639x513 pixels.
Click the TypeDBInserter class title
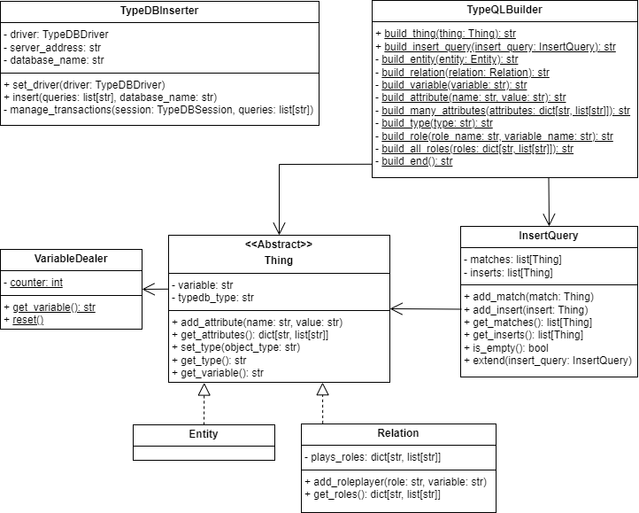point(159,11)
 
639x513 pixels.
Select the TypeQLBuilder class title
point(505,11)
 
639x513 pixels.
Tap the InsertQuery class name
point(549,237)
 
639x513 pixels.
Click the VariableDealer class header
point(71,259)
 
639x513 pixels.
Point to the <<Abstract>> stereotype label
point(278,244)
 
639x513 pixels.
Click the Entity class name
point(204,434)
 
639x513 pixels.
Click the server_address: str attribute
point(55,47)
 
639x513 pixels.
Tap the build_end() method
point(417,161)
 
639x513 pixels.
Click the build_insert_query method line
point(499,46)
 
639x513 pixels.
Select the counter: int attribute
point(38,283)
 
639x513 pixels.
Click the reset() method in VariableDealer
point(28,319)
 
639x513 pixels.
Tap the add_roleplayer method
point(396,481)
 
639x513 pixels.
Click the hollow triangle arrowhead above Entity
point(204,390)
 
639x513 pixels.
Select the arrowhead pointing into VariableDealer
point(148,287)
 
